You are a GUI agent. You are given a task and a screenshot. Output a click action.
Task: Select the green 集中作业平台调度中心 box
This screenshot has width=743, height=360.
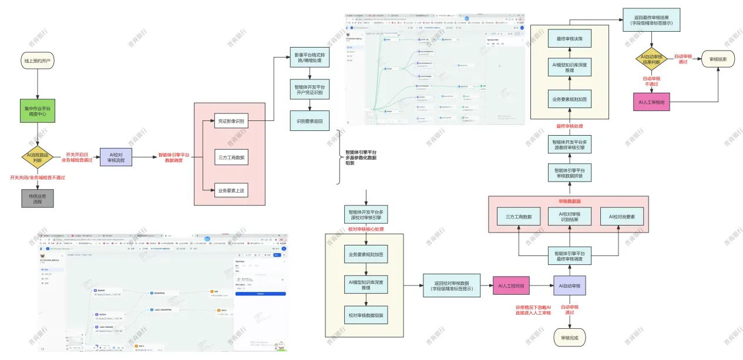[38, 111]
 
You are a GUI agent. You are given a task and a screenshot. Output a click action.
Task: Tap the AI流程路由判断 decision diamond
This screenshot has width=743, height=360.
[38, 157]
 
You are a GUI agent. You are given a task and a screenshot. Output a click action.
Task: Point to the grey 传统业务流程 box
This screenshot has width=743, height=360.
[38, 198]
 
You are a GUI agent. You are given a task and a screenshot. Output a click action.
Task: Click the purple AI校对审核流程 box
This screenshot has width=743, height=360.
[116, 157]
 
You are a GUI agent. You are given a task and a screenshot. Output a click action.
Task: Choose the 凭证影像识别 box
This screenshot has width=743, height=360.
[231, 122]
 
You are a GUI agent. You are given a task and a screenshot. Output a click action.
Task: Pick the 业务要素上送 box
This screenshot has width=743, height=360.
[231, 190]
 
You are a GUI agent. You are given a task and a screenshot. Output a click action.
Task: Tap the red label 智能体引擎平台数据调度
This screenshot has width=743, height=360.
[174, 157]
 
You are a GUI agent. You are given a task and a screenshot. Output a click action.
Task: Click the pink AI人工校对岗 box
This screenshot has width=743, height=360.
[511, 286]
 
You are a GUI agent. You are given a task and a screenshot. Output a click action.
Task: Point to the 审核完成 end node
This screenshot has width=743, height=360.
[569, 337]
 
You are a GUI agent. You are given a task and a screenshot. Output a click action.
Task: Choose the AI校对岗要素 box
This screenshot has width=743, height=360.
[621, 217]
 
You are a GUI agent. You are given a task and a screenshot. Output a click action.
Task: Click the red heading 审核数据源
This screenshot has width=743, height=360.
[569, 201]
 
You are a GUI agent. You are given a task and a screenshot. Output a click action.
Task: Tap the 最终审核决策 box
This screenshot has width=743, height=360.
[569, 39]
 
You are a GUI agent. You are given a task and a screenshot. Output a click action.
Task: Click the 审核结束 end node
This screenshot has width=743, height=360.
[718, 59]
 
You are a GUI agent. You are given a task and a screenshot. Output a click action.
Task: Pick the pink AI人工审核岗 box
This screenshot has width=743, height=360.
[652, 102]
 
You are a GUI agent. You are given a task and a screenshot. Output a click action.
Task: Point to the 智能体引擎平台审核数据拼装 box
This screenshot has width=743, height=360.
[569, 173]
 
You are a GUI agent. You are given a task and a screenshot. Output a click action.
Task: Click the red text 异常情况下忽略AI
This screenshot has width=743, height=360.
[533, 307]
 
